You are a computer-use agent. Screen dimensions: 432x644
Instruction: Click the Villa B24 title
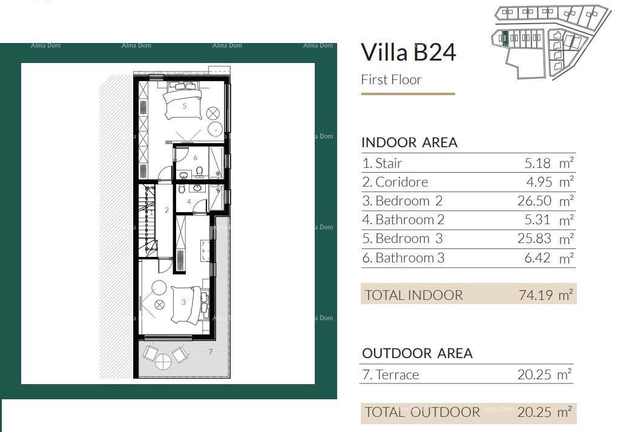(x=408, y=53)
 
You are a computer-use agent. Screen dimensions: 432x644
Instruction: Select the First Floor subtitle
(x=391, y=80)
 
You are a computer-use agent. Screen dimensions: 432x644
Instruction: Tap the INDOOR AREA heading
(x=409, y=143)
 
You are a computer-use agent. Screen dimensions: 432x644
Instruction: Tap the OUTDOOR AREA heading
(x=417, y=353)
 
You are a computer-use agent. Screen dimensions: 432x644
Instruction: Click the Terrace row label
(x=390, y=374)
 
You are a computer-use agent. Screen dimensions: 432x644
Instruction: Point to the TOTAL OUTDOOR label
(x=422, y=413)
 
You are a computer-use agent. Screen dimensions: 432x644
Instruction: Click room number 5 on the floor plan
(x=185, y=106)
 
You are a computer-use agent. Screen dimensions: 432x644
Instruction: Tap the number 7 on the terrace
(x=211, y=352)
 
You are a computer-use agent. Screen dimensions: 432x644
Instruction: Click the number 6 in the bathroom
(x=195, y=158)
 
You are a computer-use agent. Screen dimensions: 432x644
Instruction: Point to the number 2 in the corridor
(x=166, y=211)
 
